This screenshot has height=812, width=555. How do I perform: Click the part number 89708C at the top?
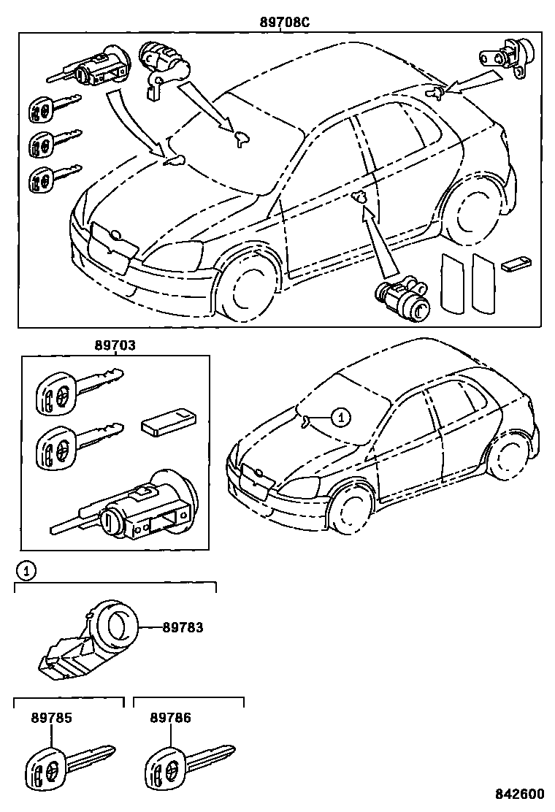pyautogui.click(x=285, y=22)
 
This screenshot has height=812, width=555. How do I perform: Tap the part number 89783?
pyautogui.click(x=182, y=627)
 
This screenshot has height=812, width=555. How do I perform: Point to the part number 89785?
pyautogui.click(x=51, y=718)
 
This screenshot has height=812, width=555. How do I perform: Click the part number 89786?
pyautogui.click(x=171, y=718)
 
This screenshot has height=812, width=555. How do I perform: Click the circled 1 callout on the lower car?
pyautogui.click(x=340, y=417)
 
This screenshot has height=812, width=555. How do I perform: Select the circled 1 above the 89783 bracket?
pyautogui.click(x=26, y=570)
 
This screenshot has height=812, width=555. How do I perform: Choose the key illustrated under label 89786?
pyautogui.click(x=188, y=766)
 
